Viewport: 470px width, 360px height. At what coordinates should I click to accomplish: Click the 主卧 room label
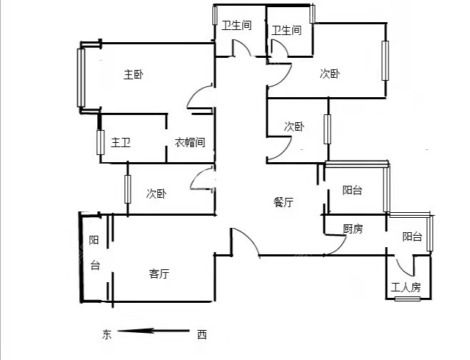pyautogui.click(x=134, y=74)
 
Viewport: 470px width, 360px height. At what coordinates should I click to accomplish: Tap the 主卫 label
pyautogui.click(x=121, y=142)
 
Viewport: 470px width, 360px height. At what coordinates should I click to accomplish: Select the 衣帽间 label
pyautogui.click(x=190, y=142)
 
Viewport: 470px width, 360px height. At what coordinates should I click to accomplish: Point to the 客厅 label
pyautogui.click(x=159, y=274)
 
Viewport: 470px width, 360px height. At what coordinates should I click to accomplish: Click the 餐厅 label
pyautogui.click(x=284, y=202)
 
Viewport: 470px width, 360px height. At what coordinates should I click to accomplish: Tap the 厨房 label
pyautogui.click(x=353, y=229)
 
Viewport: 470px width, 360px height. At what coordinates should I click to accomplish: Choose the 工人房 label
pyautogui.click(x=406, y=288)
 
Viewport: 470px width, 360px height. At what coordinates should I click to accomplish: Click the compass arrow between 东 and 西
pyautogui.click(x=154, y=331)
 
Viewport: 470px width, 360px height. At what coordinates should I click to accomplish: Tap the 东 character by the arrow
pyautogui.click(x=106, y=334)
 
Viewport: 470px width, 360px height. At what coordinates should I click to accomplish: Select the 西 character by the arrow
pyautogui.click(x=202, y=334)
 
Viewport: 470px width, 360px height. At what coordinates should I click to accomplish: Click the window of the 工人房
pyautogui.click(x=407, y=299)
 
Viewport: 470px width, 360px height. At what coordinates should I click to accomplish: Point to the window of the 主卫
pyautogui.click(x=101, y=142)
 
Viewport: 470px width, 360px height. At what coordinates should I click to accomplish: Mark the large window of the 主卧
pyautogui.click(x=81, y=78)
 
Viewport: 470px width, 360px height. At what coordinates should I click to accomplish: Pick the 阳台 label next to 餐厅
pyautogui.click(x=352, y=190)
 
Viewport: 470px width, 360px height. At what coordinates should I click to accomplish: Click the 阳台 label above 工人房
pyautogui.click(x=412, y=236)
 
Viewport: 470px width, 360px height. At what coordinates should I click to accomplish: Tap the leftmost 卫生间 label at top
pyautogui.click(x=236, y=25)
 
